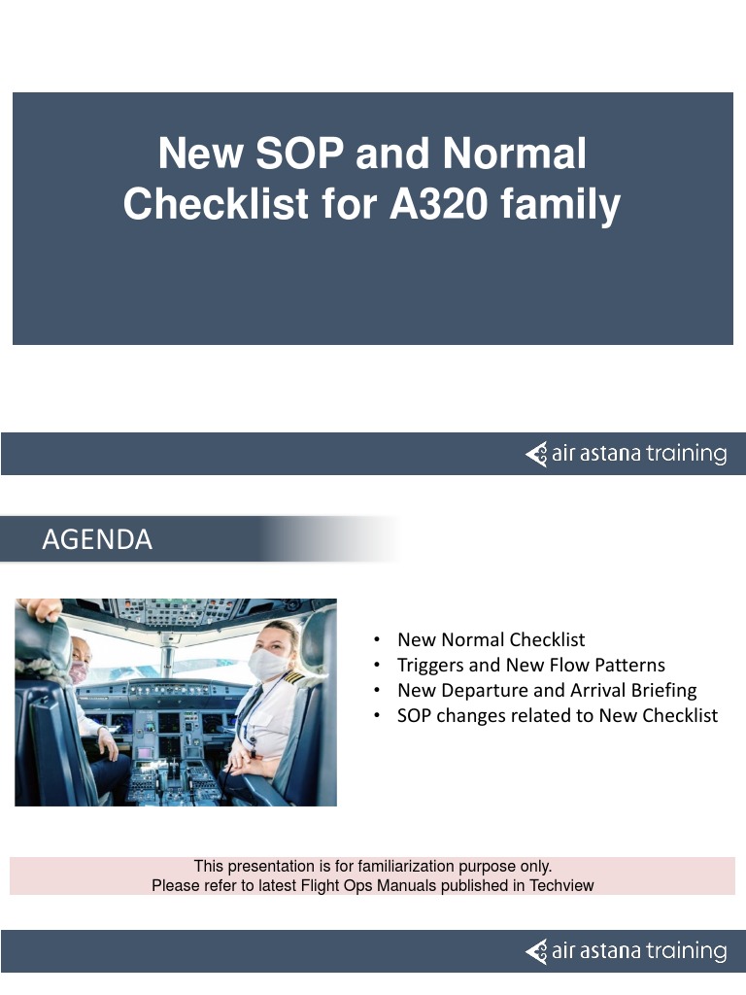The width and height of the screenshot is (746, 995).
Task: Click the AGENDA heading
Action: click(97, 540)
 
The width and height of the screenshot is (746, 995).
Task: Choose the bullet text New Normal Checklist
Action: click(491, 639)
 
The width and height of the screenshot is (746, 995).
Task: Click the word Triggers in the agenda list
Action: click(430, 665)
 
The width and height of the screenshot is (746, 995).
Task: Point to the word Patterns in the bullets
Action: click(629, 665)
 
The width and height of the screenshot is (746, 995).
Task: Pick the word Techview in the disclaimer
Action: click(559, 885)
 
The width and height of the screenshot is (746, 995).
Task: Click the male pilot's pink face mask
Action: click(78, 671)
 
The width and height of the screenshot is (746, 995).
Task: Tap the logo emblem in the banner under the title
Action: click(536, 454)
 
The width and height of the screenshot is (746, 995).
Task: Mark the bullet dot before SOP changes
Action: click(376, 716)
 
